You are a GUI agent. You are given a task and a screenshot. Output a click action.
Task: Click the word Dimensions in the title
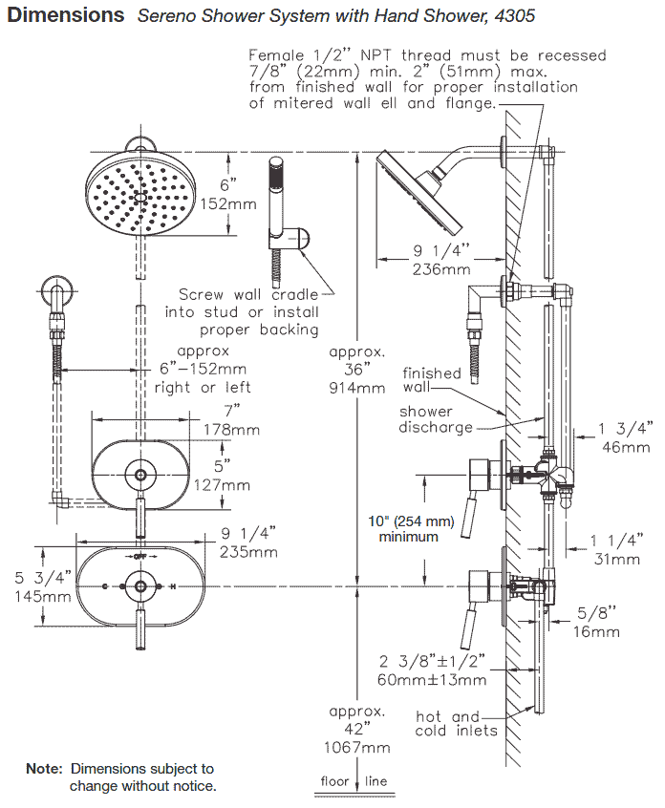66,15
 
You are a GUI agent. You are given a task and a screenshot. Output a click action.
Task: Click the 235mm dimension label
250,551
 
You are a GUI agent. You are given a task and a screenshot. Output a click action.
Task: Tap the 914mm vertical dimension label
358,389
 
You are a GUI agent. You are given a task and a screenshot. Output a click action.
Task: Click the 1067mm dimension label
358,747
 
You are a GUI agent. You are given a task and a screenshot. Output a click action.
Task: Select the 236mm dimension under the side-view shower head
440,269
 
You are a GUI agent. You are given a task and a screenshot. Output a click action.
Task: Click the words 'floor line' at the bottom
354,781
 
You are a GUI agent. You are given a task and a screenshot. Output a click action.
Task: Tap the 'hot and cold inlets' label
456,723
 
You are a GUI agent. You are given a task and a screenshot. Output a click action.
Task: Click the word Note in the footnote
43,768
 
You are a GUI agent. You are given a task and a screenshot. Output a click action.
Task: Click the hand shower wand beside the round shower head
274,191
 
